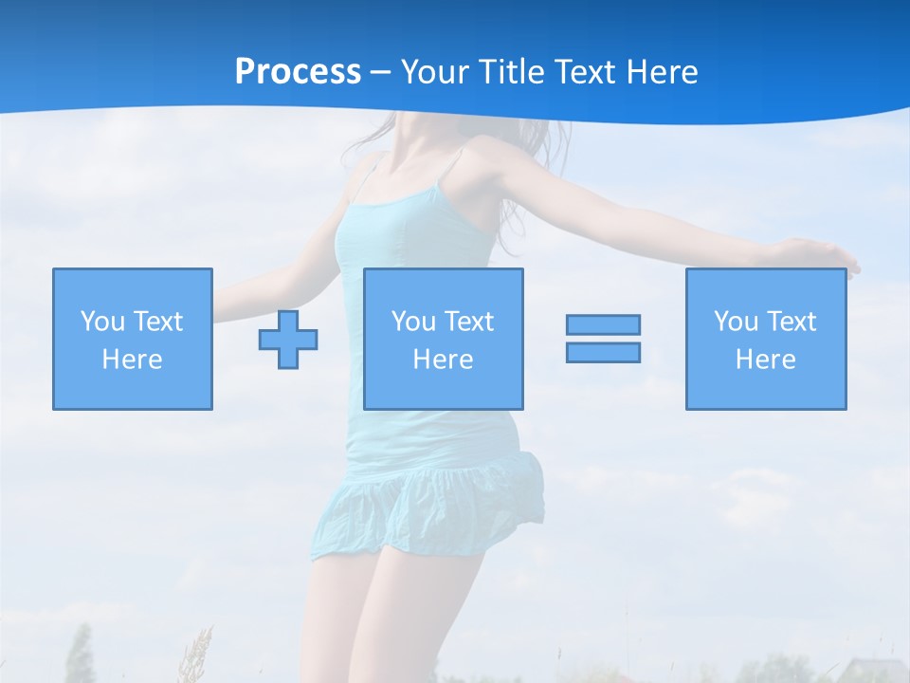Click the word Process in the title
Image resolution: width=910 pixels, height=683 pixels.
click(298, 72)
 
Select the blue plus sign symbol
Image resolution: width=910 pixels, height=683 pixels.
click(288, 339)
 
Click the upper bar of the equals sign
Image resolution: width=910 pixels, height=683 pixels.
click(603, 324)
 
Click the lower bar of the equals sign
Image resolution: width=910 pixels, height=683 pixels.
click(603, 352)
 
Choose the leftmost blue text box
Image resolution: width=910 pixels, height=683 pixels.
click(133, 339)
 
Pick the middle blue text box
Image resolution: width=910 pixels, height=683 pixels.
click(443, 339)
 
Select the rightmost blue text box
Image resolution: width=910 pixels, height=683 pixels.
click(765, 339)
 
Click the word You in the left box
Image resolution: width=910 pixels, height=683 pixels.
click(102, 322)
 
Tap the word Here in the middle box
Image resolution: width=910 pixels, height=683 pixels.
click(443, 360)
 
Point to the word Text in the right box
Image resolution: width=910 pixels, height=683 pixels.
click(792, 322)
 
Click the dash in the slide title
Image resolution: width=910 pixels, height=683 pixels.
click(381, 72)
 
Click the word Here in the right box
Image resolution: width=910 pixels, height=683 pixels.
click(765, 360)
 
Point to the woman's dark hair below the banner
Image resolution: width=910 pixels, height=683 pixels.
click(379, 138)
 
